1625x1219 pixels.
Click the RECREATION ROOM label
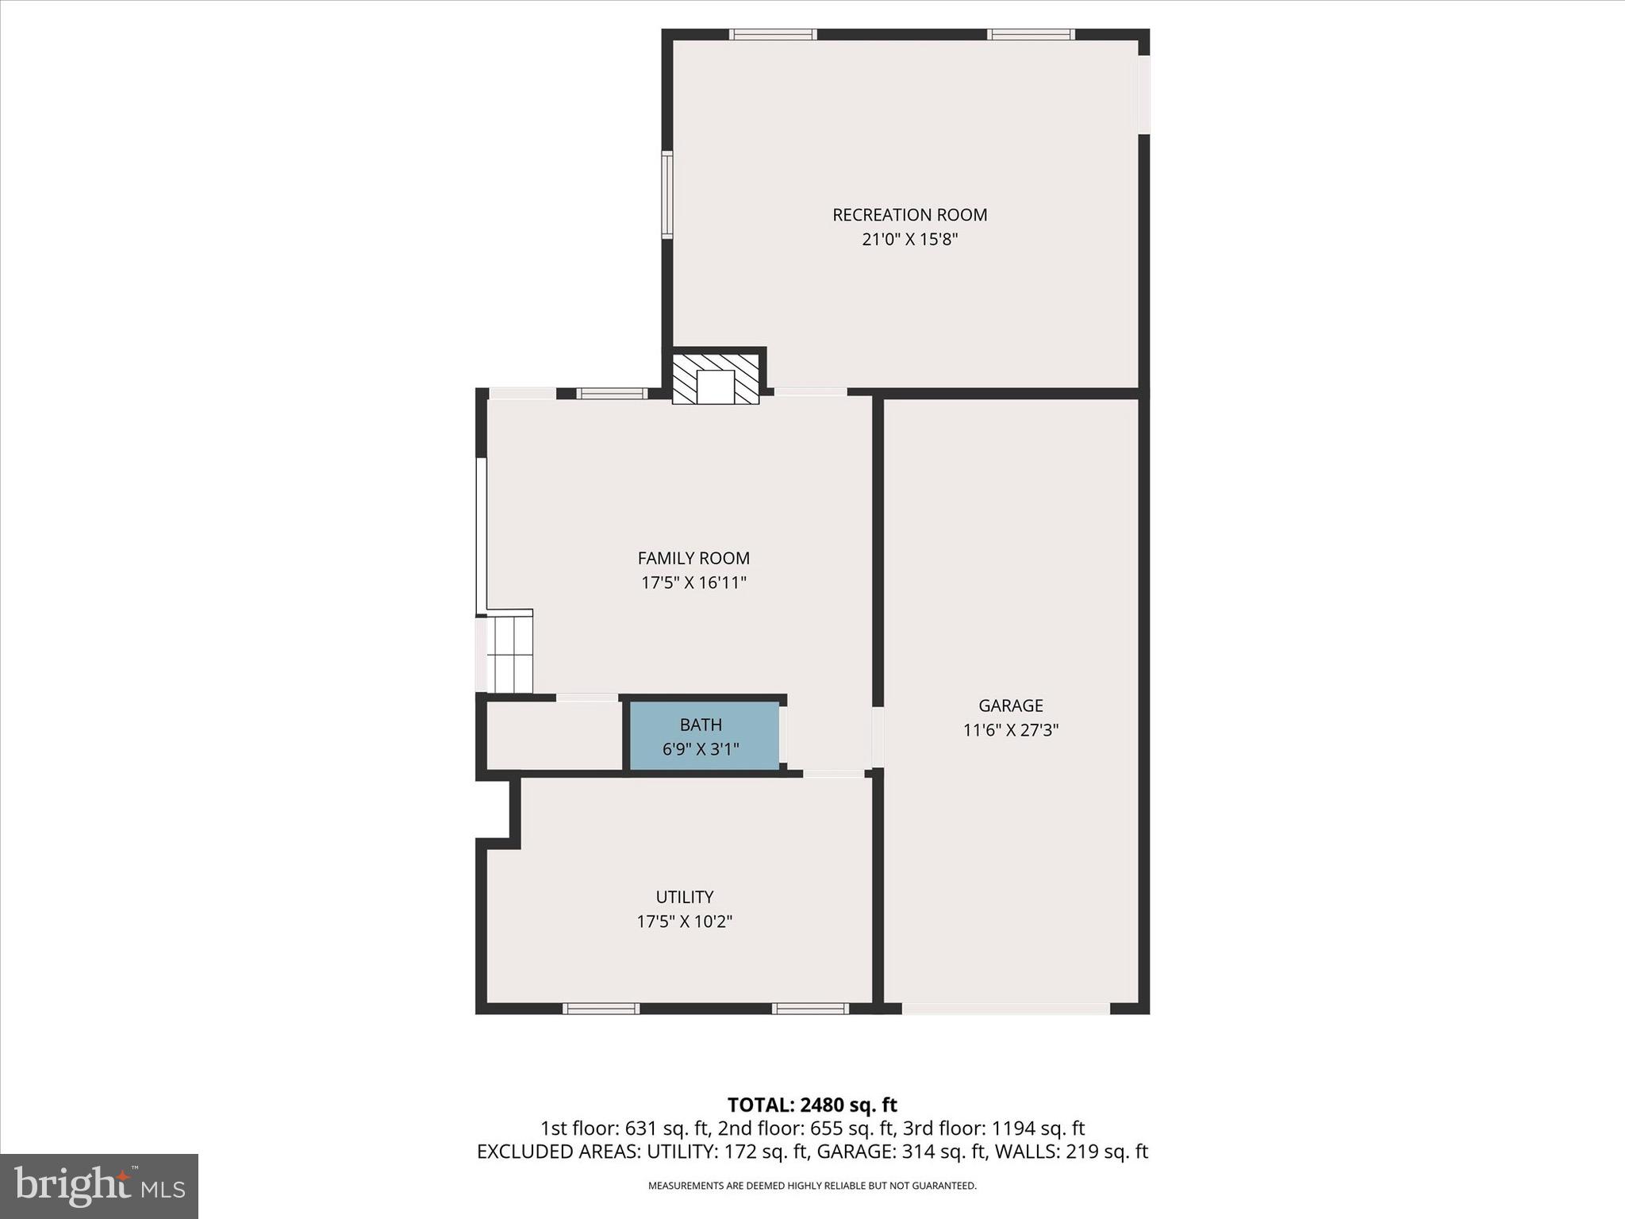point(909,215)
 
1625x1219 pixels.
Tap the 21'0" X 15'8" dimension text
point(909,240)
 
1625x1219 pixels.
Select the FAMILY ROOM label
point(693,559)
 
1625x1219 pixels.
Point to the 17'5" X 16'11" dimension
point(693,583)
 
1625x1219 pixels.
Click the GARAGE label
point(1010,706)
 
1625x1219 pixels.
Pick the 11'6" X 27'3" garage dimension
point(1010,730)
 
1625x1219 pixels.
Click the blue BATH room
point(704,736)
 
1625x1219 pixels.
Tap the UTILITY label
point(684,897)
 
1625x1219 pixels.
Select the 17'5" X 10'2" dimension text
point(684,921)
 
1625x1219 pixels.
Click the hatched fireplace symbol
point(716,379)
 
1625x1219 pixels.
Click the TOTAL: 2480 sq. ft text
point(812,1105)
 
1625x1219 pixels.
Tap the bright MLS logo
point(99,1186)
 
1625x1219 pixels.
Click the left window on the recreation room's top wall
point(773,34)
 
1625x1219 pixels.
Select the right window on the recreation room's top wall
point(1031,34)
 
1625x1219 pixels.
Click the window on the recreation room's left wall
point(667,194)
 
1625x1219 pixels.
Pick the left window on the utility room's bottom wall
point(601,1009)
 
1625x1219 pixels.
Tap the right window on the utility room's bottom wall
point(810,1009)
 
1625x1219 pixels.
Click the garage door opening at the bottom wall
point(1005,1009)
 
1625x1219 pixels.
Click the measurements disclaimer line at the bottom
point(812,1186)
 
